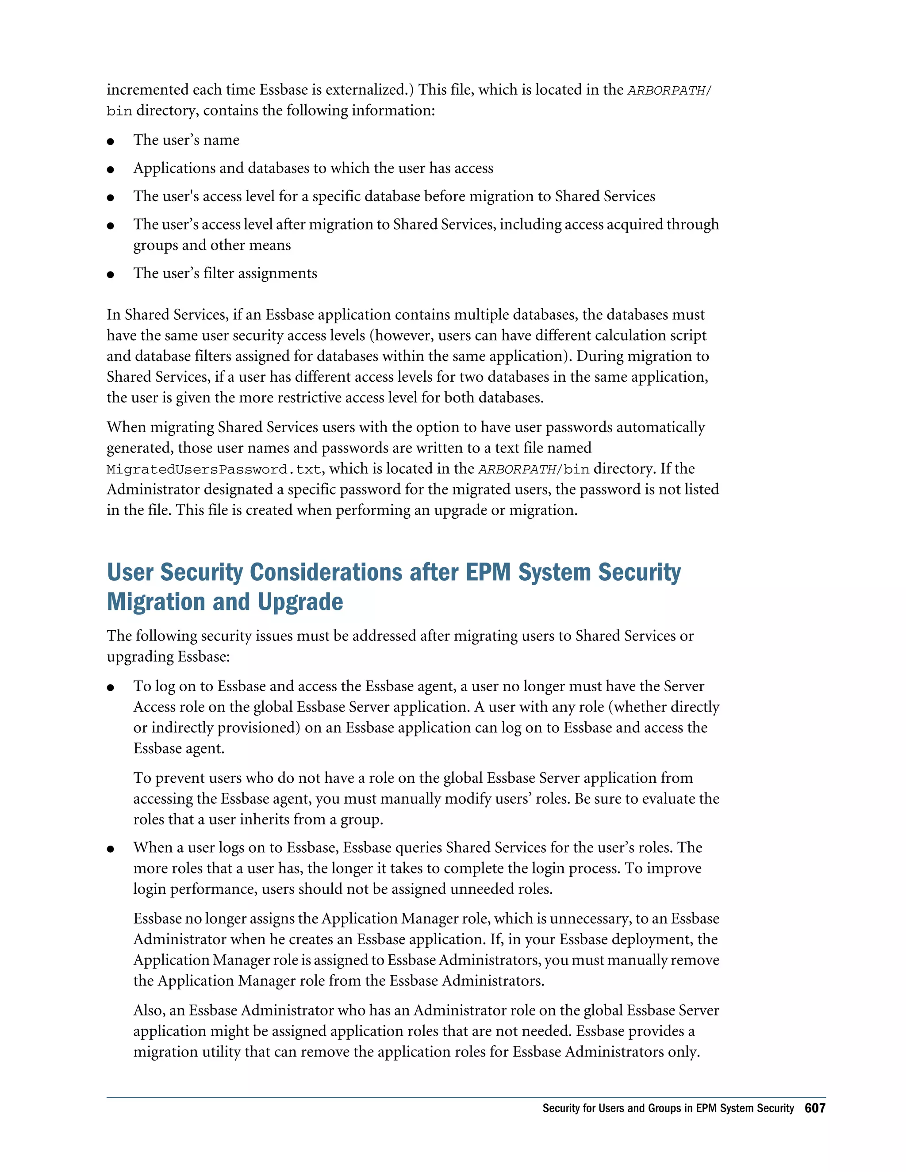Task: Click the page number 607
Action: point(814,1108)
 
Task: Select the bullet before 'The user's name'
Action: point(111,142)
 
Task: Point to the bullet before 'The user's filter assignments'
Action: point(111,275)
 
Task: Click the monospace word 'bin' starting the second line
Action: point(119,111)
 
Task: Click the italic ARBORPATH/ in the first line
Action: point(669,90)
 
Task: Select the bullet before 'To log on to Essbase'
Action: point(111,687)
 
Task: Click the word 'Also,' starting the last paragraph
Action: point(149,1011)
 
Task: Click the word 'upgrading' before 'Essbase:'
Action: point(140,657)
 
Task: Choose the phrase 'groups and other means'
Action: point(212,245)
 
